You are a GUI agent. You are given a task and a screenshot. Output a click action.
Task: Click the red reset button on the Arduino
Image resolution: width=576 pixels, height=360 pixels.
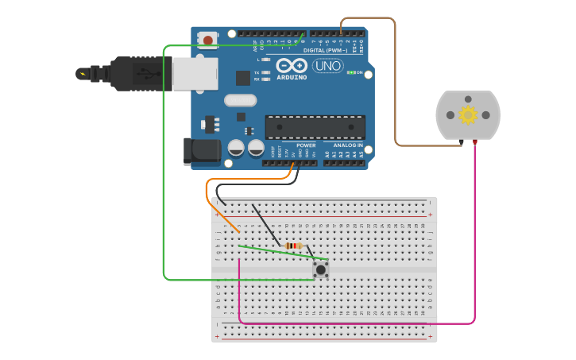point(208,39)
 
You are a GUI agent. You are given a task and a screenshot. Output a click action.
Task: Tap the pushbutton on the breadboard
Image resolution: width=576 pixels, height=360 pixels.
point(320,269)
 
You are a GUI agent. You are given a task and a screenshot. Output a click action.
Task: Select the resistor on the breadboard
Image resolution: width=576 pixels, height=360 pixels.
point(294,246)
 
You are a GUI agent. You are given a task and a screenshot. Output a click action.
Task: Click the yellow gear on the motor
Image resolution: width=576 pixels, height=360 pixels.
point(468,115)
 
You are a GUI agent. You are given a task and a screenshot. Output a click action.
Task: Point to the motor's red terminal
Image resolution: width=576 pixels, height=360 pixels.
point(475,142)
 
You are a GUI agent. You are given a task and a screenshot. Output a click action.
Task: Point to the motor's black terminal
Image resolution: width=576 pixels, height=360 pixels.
point(462,142)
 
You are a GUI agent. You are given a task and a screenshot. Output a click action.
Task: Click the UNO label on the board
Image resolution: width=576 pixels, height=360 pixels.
point(327,66)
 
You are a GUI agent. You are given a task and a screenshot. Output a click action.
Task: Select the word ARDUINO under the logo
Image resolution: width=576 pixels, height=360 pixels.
point(292,78)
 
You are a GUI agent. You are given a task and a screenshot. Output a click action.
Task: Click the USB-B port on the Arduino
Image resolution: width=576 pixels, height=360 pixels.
point(195,73)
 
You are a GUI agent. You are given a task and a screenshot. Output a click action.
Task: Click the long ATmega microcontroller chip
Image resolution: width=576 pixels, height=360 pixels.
point(315,127)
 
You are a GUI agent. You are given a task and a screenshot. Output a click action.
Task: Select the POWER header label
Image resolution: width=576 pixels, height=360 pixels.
point(306,145)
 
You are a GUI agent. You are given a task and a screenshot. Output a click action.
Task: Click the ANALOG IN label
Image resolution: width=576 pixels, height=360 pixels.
point(347,145)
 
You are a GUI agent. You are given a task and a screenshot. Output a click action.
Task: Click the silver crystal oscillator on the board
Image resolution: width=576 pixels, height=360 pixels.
point(240,100)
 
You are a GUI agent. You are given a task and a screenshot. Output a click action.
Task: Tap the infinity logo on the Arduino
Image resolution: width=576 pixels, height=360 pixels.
point(292,66)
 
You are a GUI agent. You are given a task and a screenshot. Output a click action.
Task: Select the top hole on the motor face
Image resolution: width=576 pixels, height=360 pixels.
point(468,99)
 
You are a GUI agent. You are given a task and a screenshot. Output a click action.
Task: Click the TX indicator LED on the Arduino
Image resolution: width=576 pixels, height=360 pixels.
point(265,72)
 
